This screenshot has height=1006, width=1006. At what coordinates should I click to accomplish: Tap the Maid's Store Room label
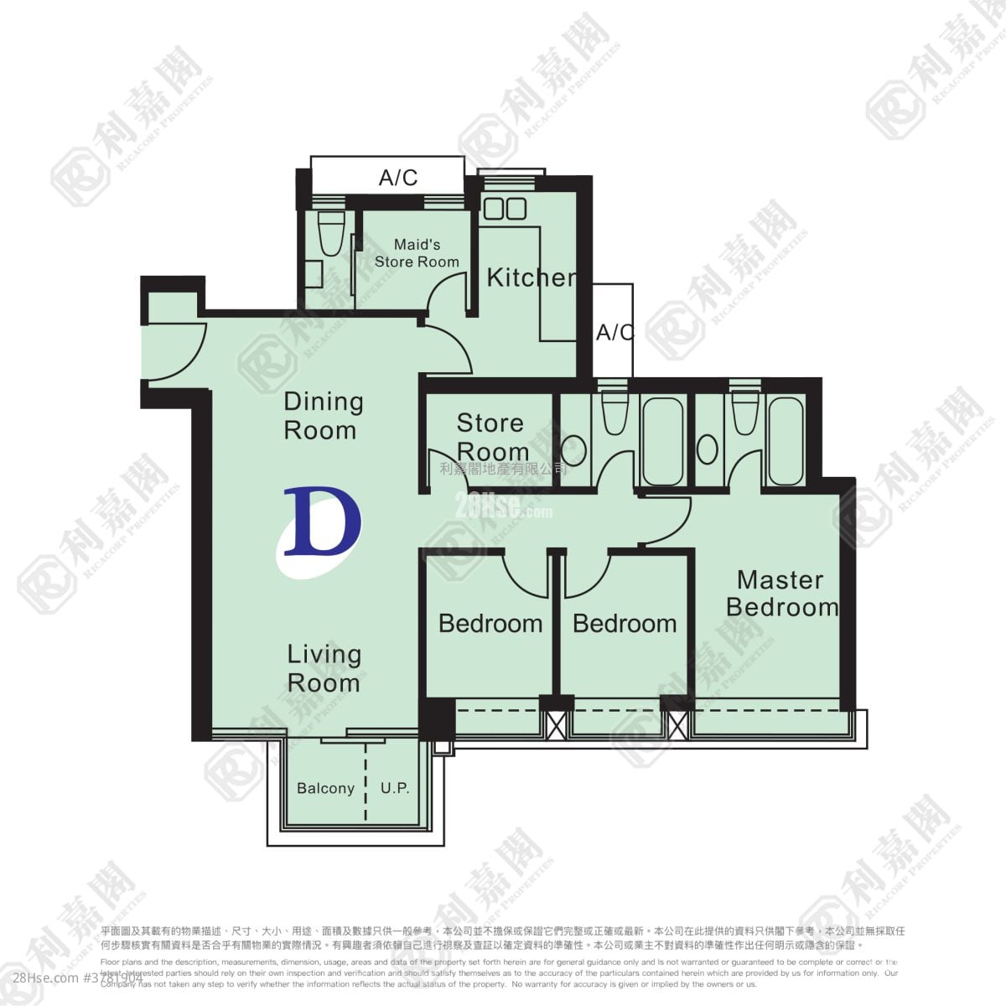click(417, 253)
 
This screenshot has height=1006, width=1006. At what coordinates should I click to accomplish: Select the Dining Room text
click(324, 416)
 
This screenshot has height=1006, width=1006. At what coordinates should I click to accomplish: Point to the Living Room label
click(324, 668)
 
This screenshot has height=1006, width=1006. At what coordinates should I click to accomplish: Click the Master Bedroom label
click(781, 594)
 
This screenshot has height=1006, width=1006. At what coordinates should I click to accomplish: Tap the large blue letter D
click(321, 522)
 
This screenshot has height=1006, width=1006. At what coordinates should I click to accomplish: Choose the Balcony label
click(325, 789)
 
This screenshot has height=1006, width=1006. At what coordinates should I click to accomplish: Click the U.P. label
click(395, 789)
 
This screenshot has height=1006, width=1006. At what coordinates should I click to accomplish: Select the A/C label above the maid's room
click(398, 178)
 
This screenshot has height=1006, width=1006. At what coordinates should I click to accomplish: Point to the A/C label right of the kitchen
click(614, 333)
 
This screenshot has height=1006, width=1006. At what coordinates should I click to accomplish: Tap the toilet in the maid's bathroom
click(332, 234)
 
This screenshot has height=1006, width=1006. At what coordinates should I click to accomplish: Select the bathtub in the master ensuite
click(786, 440)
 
